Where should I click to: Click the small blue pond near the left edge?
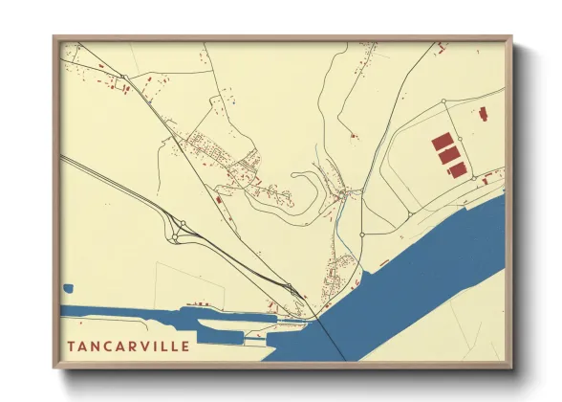(x=69, y=286)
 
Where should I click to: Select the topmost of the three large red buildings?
(x=442, y=142)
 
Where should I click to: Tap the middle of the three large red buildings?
(x=449, y=155)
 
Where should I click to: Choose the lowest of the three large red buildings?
(x=458, y=169)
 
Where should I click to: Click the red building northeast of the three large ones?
(x=483, y=115)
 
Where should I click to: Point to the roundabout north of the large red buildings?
(x=444, y=100)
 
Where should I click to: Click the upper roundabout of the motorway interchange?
(x=181, y=225)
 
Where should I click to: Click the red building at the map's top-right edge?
(x=443, y=45)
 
